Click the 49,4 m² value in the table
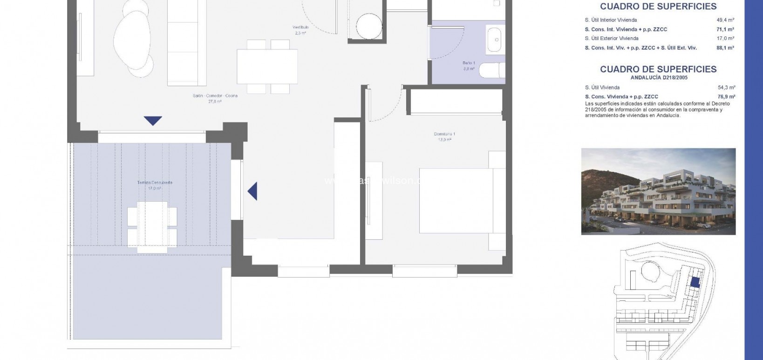click(725, 20)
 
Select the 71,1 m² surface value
click(725, 29)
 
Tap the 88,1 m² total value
click(725, 48)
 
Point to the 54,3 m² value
click(726, 88)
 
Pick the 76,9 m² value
click(726, 97)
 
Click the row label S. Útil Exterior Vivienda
click(612, 39)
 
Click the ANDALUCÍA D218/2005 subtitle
click(659, 78)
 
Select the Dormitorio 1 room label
click(444, 134)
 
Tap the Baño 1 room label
click(469, 63)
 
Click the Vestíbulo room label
click(300, 27)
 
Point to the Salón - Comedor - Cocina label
click(215, 96)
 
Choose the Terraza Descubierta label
click(155, 183)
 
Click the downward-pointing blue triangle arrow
click(153, 121)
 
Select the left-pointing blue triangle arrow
click(252, 191)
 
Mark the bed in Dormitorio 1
click(456, 200)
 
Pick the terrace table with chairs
click(152, 227)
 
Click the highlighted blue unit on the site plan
click(695, 282)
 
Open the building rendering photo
click(658, 191)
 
